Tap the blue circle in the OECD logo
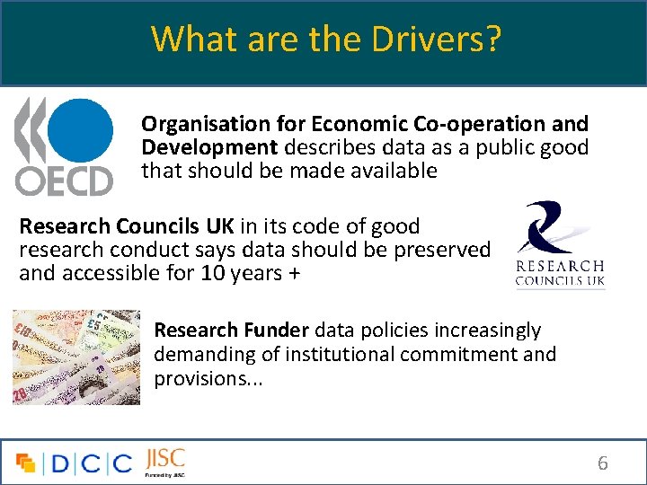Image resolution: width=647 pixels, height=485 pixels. (79, 131)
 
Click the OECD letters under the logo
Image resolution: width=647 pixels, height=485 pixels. (64, 181)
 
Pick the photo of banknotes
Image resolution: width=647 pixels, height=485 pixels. (77, 357)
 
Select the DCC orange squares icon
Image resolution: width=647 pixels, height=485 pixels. (26, 463)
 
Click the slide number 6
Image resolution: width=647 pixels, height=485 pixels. (603, 463)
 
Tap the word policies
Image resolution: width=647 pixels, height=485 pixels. (401, 331)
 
